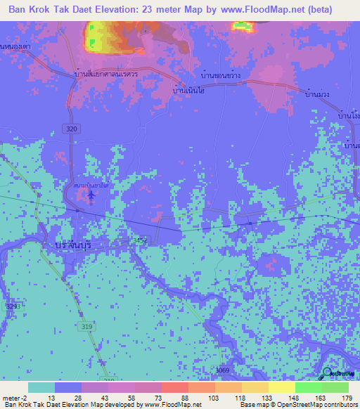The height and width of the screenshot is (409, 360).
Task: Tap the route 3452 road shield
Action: [x=141, y=240]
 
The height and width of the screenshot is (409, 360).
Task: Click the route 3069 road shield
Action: [x=222, y=370]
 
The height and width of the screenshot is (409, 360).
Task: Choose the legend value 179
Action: [x=347, y=397]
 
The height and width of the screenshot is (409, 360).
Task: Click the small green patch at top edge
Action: [x=243, y=26]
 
